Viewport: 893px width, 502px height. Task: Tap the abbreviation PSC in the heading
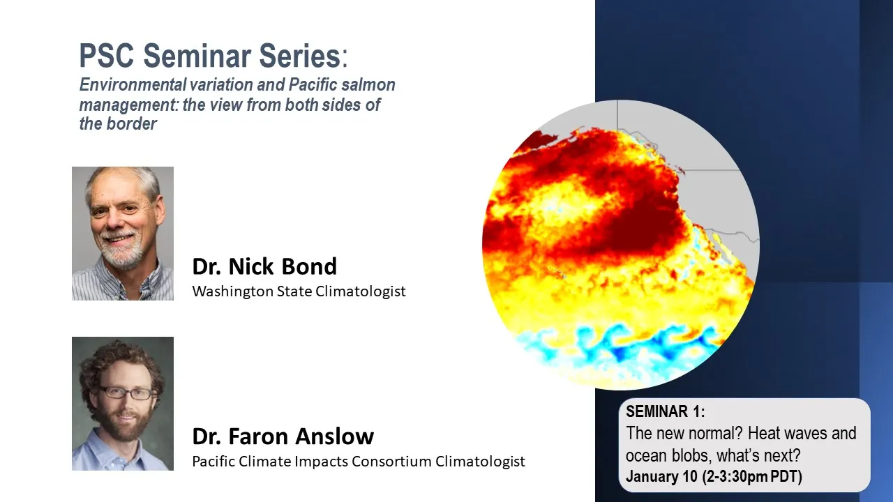pos(107,56)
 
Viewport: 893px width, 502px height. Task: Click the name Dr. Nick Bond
pos(264,266)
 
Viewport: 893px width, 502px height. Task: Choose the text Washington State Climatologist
pos(299,291)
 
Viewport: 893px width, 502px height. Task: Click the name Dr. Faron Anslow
pos(283,436)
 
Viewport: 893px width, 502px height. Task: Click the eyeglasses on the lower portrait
pos(126,393)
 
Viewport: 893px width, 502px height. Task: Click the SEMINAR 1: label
pos(666,411)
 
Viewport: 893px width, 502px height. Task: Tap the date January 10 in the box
pos(662,476)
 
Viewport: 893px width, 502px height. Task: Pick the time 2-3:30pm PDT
pos(752,476)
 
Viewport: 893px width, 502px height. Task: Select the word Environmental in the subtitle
pos(133,84)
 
